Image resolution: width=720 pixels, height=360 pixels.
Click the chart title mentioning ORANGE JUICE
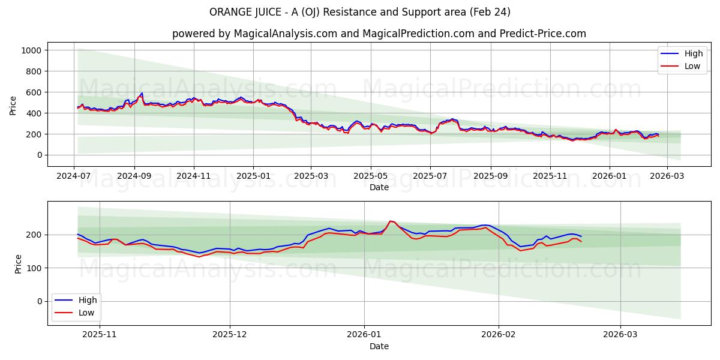(360, 12)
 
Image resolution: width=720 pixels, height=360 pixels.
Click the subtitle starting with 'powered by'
(379, 34)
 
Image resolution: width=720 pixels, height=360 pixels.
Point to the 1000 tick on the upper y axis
(32, 50)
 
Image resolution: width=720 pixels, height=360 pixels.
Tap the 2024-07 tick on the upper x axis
(74, 176)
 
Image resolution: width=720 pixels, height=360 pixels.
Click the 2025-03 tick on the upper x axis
(311, 176)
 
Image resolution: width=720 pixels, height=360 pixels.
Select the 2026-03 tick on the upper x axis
(668, 176)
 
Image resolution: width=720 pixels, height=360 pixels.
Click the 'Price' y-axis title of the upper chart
(13, 105)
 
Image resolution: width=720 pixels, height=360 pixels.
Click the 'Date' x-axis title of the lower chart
(379, 346)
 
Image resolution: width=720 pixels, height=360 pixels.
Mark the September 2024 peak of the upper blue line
(142, 93)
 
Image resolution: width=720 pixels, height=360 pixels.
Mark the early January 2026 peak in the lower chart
(391, 221)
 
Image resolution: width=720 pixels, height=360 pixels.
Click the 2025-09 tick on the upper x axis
(491, 176)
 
